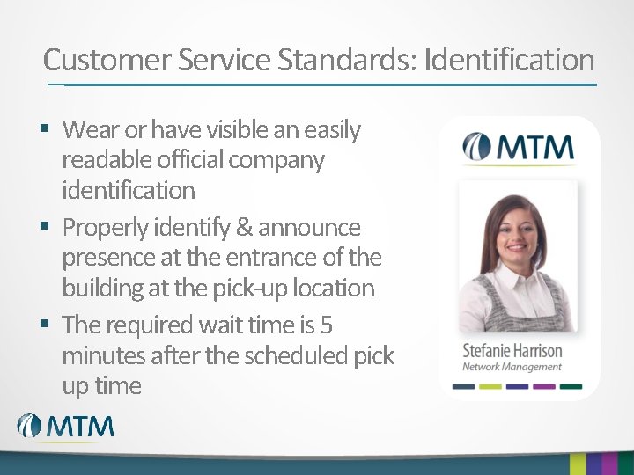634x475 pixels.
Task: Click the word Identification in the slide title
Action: pos(508,61)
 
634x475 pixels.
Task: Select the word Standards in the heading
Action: pos(347,61)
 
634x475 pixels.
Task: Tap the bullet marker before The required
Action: pos(47,325)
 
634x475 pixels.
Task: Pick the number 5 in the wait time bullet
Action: pos(326,325)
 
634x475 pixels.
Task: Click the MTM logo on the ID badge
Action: pos(519,147)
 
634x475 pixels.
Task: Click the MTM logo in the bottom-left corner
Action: pos(66,427)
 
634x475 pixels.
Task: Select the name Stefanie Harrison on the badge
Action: pos(512,350)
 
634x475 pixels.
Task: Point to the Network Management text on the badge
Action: pos(512,367)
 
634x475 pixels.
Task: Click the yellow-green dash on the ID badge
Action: pos(490,385)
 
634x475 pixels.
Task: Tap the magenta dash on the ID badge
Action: pos(545,385)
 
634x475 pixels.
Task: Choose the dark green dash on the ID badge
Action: pos(571,385)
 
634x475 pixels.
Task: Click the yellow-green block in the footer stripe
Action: pos(578,464)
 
